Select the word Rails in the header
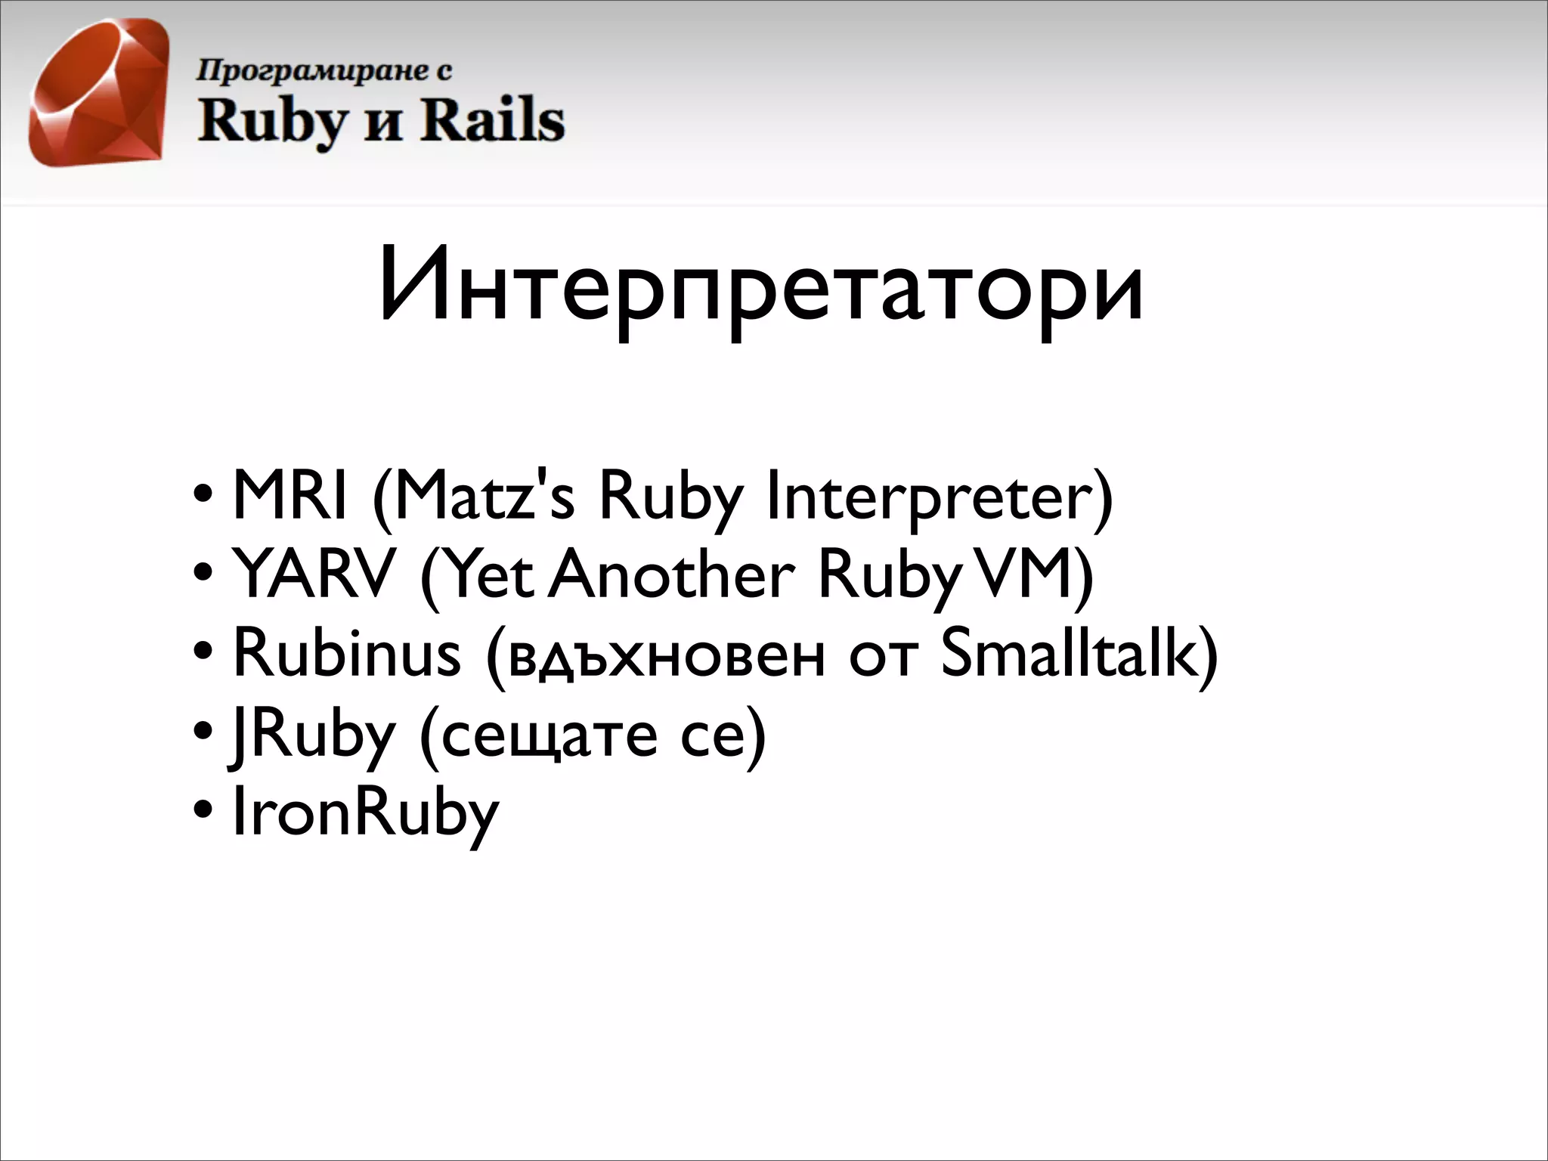492,121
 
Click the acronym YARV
314,574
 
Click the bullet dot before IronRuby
203,810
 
